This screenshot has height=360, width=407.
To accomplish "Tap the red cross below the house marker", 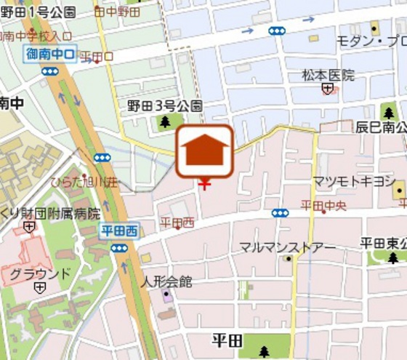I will click(205, 184).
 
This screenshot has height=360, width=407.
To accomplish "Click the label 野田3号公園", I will click(164, 106).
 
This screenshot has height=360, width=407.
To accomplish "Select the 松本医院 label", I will click(328, 74).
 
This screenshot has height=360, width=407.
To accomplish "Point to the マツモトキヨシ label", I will click(354, 180).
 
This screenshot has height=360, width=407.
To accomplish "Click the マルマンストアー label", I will click(288, 247).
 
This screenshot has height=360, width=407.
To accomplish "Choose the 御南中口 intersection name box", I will click(50, 54).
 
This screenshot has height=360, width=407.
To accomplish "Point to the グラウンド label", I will click(41, 274).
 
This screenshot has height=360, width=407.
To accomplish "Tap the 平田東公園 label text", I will click(383, 243).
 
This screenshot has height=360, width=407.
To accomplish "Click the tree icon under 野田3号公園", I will click(166, 121).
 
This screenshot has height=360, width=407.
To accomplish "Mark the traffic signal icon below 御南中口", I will click(49, 71).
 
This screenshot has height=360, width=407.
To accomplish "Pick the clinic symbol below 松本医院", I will click(329, 89).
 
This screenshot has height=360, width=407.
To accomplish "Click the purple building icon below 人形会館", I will click(167, 295).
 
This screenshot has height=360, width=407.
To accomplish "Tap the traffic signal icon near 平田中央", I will click(280, 212).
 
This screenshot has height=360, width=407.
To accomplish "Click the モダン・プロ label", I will click(371, 41).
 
